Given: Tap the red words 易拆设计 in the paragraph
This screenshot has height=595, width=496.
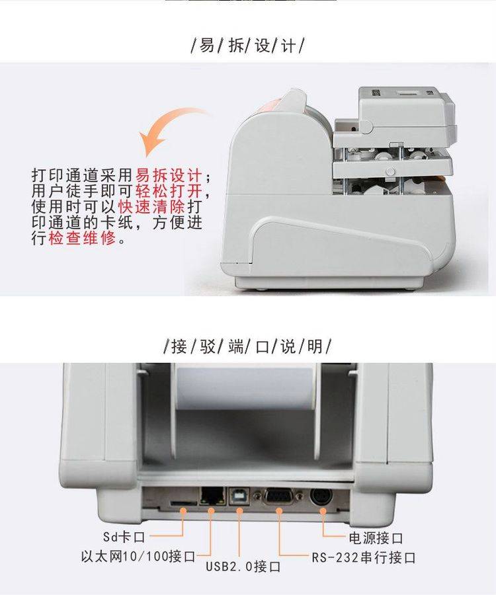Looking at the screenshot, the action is [169, 176].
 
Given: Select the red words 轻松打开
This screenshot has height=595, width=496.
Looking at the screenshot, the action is [169, 191].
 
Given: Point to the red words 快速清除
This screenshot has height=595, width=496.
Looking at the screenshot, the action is [151, 206].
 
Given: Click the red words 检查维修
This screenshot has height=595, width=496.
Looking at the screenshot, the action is [81, 238].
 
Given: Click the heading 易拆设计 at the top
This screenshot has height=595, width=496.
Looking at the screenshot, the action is [247, 46].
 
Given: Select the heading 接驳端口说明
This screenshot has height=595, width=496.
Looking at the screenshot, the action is [247, 346].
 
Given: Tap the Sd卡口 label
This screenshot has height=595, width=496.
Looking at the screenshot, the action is [124, 537].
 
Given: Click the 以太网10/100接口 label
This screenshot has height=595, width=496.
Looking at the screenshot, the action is [138, 557].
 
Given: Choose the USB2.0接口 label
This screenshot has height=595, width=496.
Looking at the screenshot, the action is [243, 567].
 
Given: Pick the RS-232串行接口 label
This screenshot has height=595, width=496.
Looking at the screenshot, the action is [364, 557].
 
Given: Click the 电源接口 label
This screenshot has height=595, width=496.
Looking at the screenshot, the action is [376, 537].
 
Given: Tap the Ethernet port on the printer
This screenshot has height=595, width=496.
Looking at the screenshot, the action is [212, 495].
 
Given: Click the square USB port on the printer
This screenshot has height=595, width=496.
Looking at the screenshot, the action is [239, 495].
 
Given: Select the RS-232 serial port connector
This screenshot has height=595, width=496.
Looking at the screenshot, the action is [279, 496].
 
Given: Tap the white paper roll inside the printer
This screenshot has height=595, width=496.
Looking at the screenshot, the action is [245, 389].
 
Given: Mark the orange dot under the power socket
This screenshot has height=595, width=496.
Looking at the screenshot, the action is [323, 511].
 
